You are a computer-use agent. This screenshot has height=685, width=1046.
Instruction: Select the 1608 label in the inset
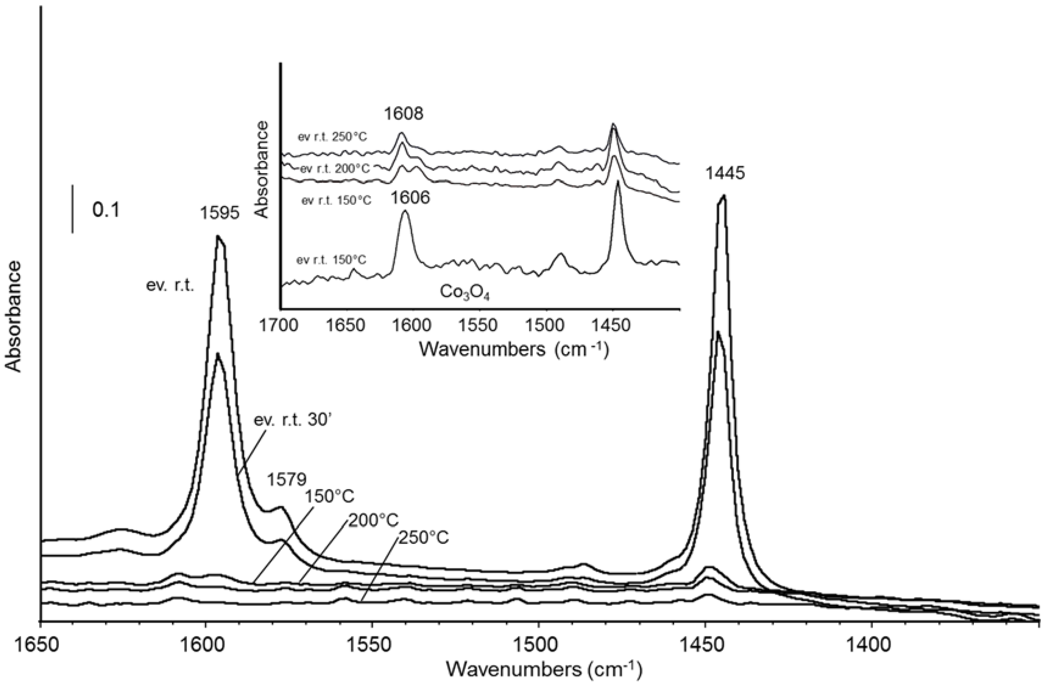pos(403,114)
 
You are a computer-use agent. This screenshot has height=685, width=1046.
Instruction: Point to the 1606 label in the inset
pos(410,198)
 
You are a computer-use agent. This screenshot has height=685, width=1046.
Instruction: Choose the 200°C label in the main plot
pos(374,521)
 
